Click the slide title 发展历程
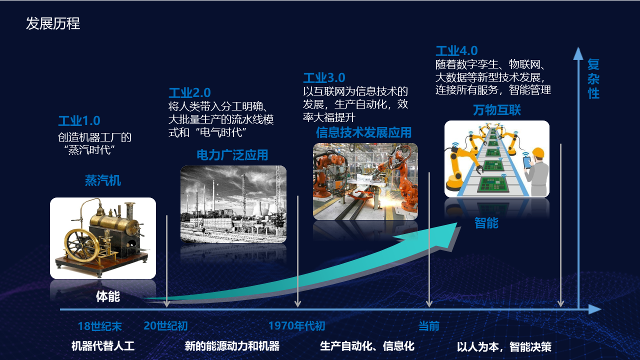coord(53,23)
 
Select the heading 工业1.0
coord(79,121)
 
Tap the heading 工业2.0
coord(189,93)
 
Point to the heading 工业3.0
coord(324,77)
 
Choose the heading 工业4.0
coord(456,51)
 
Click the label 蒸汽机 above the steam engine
coord(103,180)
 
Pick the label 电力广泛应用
coord(232,155)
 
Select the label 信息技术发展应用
coord(363,132)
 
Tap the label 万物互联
coord(497,110)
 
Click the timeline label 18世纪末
coord(99,326)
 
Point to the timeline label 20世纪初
coord(165,325)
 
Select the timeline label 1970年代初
coord(296,325)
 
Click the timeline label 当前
coord(429,326)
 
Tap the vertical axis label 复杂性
coord(593,79)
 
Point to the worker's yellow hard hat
coord(538,152)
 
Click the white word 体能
coord(107,296)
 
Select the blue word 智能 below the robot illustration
coord(486,223)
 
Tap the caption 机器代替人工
coord(102,346)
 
